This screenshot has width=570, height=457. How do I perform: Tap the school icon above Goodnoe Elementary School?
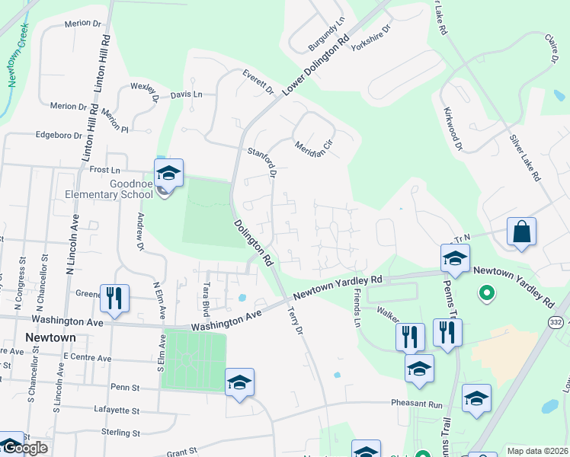(x=168, y=172)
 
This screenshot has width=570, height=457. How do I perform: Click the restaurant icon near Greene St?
(x=114, y=298)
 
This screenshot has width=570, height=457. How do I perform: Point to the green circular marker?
(x=484, y=292)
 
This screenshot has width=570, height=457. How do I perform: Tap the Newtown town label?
(x=50, y=337)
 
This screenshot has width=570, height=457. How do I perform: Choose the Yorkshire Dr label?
(x=371, y=38)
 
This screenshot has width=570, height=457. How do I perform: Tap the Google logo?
(x=24, y=448)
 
